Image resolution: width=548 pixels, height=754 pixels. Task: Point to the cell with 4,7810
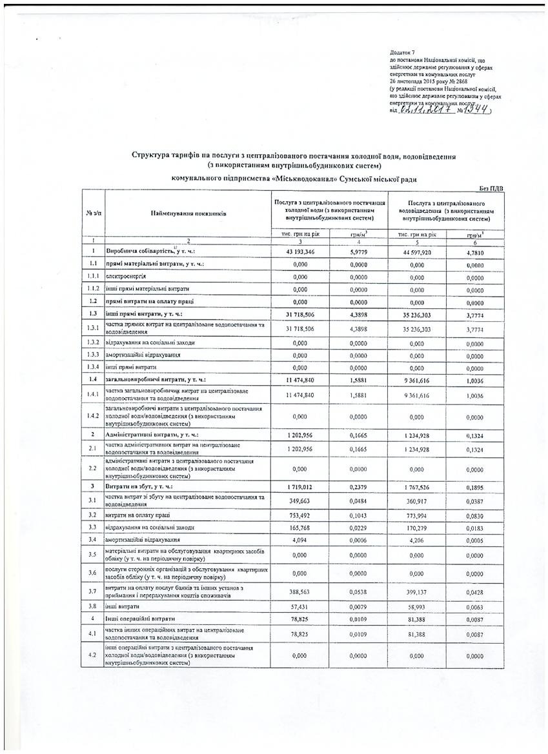pyautogui.click(x=474, y=251)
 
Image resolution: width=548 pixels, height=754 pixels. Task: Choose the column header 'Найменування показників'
pyautogui.click(x=188, y=212)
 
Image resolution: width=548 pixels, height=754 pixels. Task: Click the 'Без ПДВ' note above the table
pyautogui.click(x=491, y=187)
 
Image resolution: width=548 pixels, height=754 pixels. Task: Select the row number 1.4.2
pyautogui.click(x=93, y=417)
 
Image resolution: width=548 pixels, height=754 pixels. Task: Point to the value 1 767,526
pyautogui.click(x=416, y=485)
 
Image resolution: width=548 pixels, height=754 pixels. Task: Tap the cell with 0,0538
pyautogui.click(x=358, y=590)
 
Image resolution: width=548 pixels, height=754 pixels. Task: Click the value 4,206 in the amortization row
pyautogui.click(x=416, y=539)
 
